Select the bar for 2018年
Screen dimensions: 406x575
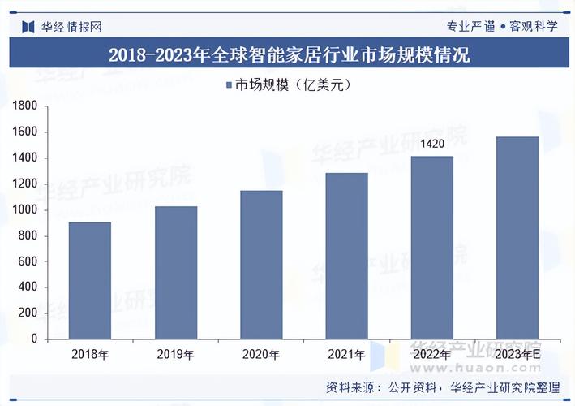click(90, 280)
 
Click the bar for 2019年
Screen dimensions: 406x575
click(176, 272)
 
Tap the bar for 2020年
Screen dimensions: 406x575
click(261, 265)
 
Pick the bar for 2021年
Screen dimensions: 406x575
click(346, 256)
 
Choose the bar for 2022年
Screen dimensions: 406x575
click(431, 248)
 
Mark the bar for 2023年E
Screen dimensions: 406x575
click(517, 238)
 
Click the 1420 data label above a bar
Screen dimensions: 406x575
click(431, 144)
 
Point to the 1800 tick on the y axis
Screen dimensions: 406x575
click(27, 106)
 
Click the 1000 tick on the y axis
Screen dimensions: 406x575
click(27, 209)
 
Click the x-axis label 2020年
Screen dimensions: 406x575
click(261, 355)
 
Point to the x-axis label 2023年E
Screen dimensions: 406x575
click(517, 355)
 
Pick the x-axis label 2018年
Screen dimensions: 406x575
click(90, 355)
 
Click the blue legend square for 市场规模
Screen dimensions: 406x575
click(228, 84)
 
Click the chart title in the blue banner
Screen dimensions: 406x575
click(288, 55)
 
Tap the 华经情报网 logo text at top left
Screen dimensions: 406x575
click(71, 26)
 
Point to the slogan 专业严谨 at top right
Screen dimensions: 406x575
click(471, 26)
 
